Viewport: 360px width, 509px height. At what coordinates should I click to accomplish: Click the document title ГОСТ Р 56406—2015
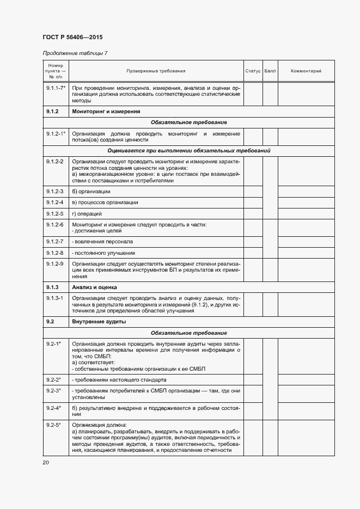[72, 37]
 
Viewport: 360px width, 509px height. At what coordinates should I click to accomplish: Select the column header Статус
[253, 71]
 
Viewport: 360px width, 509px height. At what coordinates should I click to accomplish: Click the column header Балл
[270, 71]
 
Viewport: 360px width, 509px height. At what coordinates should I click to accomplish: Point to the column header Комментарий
[306, 71]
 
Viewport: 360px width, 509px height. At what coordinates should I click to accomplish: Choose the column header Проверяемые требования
[156, 71]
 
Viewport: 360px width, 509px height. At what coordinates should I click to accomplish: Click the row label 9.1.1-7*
[56, 87]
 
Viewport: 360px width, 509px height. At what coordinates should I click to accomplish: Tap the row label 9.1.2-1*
[56, 133]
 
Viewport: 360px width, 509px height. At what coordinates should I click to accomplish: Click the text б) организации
[91, 191]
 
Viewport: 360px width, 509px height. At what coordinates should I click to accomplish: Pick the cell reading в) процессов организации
[105, 203]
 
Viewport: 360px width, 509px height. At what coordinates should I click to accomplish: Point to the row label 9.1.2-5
[54, 213]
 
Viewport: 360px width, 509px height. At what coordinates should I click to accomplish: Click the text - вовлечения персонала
[102, 241]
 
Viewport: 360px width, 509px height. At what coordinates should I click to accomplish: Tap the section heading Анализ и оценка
[95, 287]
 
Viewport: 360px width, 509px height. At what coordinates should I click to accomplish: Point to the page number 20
[45, 462]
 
